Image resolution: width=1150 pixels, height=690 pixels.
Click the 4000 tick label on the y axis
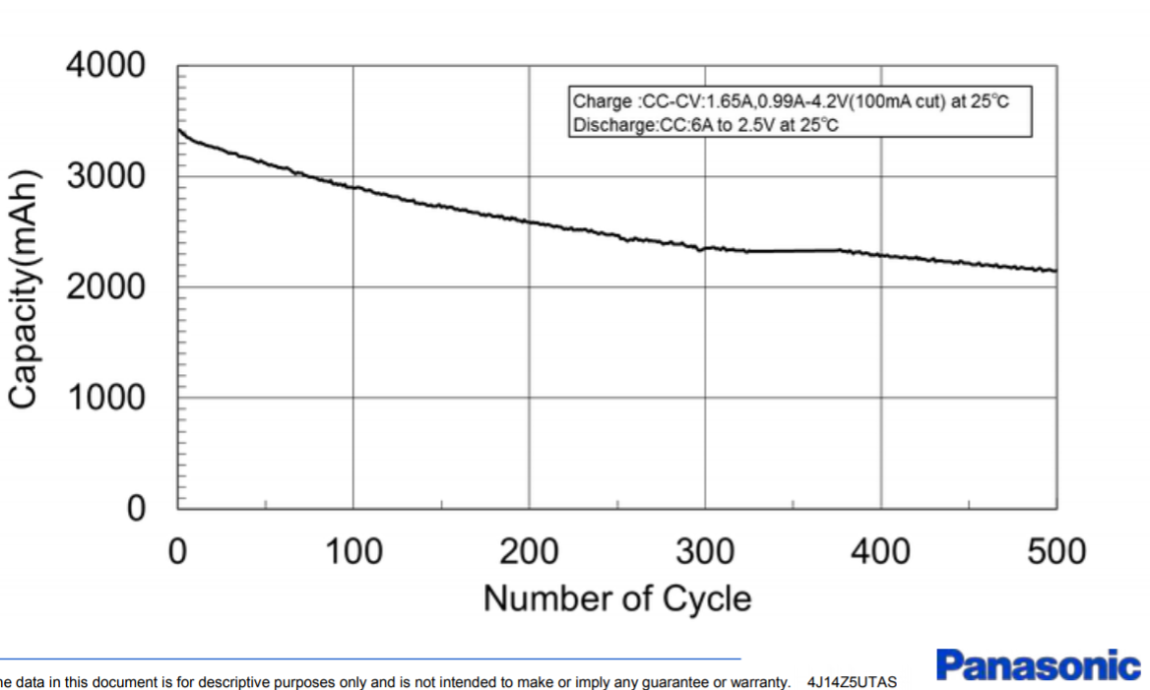coord(105,67)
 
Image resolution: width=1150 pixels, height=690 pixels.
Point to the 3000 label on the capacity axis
coord(105,177)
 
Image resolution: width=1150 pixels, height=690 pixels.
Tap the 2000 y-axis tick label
coord(105,287)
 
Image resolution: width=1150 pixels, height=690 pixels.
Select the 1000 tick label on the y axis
coord(105,398)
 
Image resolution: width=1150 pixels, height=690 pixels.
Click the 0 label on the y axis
coord(134,509)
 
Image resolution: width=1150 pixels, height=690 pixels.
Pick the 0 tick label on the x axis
coord(177,551)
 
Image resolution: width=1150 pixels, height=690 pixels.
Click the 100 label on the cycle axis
coord(352,551)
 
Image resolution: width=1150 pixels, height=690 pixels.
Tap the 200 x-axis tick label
coord(529,551)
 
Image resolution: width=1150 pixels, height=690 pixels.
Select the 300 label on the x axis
coord(705,551)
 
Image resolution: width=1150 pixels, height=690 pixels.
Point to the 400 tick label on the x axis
coord(880,551)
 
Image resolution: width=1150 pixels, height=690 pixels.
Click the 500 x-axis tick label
coord(1056,551)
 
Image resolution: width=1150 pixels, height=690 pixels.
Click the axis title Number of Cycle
coord(616,597)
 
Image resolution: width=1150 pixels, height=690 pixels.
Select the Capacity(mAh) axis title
coord(26,287)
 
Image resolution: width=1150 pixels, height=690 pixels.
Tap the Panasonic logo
coord(1038,666)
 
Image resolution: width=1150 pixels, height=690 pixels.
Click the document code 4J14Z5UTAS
coord(852,681)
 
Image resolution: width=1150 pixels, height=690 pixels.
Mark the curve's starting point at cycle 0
coord(178,130)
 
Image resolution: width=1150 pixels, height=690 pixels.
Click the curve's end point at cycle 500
coord(1055,271)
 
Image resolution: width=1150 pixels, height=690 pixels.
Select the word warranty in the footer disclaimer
coord(762,681)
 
